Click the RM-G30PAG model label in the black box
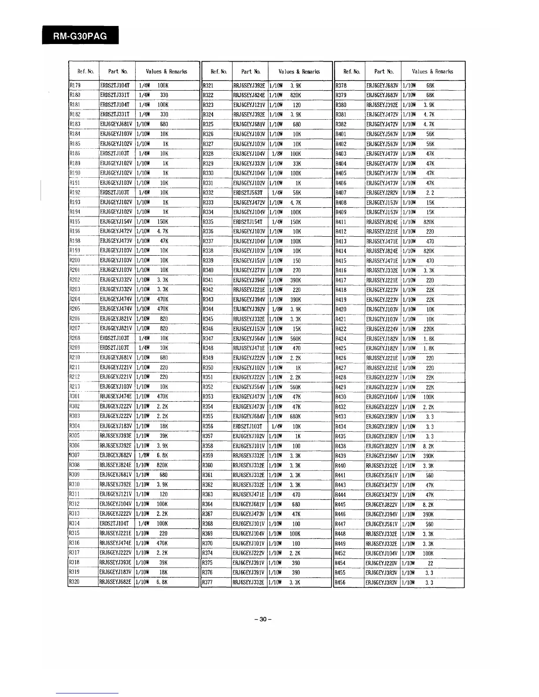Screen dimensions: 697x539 [x=80, y=36]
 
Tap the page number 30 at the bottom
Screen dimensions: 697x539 [x=263, y=620]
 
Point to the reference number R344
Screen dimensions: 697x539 [x=208, y=309]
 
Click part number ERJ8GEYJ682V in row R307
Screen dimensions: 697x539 [x=116, y=455]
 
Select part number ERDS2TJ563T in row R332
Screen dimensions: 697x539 [x=248, y=192]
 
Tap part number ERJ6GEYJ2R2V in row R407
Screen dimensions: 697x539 [x=382, y=192]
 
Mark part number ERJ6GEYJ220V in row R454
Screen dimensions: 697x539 [x=382, y=563]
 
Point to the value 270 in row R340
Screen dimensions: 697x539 [x=297, y=270]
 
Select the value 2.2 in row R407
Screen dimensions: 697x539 [x=430, y=192]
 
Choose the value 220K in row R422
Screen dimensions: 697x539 [x=429, y=329]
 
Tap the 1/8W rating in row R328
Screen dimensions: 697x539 [x=277, y=154]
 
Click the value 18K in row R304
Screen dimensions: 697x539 [x=164, y=426]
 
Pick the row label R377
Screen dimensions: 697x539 [x=208, y=583]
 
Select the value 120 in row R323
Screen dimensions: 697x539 [x=297, y=105]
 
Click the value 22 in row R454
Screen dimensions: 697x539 [x=430, y=563]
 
